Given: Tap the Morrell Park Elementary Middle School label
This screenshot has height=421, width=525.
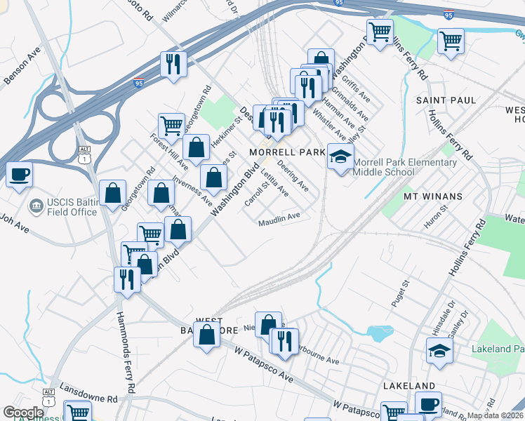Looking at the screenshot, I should click(404, 167).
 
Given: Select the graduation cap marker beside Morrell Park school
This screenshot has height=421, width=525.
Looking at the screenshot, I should click(340, 156).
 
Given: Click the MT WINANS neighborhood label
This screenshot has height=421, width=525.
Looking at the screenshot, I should click(432, 196).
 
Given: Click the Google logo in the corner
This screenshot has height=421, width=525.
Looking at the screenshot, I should click(24, 413).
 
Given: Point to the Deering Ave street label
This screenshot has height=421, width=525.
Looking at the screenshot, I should click(293, 177).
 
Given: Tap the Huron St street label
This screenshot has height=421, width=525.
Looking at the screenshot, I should click(435, 218).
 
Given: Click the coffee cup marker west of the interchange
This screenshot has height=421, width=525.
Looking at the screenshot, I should click(19, 174).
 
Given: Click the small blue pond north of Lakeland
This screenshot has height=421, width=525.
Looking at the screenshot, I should click(379, 333).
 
